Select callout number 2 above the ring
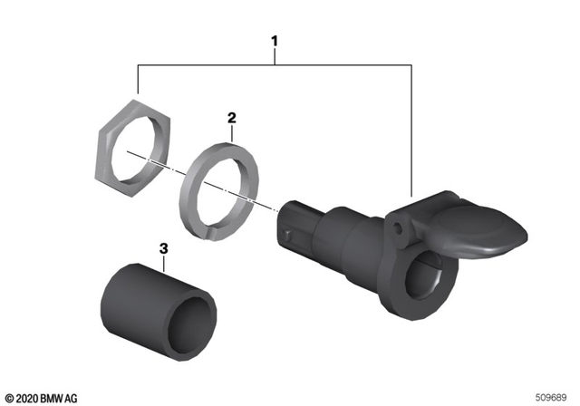pyautogui.click(x=231, y=118)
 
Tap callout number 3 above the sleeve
pyautogui.click(x=163, y=247)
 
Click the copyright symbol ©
pyautogui.click(x=9, y=397)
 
